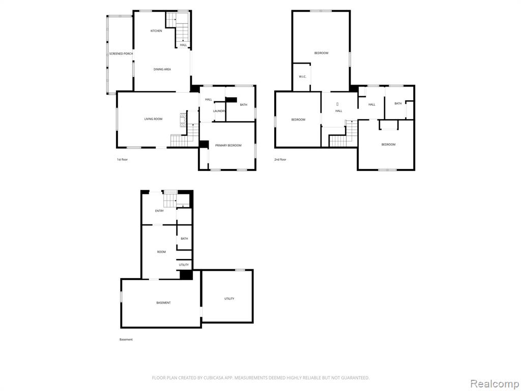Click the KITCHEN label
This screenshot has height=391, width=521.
[156, 31]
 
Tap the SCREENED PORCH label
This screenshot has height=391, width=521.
[121, 53]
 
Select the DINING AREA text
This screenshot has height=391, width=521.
[162, 69]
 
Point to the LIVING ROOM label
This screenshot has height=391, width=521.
[153, 119]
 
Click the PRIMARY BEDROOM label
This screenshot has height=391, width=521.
[228, 146]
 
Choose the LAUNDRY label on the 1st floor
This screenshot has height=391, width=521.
[219, 111]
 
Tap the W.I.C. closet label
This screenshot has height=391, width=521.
[302, 77]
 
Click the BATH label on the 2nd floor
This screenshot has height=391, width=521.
[398, 104]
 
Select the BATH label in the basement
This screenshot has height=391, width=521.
[184, 239]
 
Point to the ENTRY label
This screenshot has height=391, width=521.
[159, 211]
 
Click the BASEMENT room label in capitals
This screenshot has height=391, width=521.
[163, 303]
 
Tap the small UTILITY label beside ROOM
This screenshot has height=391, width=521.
[184, 265]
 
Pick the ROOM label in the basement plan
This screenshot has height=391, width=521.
[161, 252]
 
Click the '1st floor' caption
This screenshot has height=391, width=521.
[122, 159]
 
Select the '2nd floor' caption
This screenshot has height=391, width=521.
[280, 159]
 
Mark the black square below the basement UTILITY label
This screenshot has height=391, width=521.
[186, 275]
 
